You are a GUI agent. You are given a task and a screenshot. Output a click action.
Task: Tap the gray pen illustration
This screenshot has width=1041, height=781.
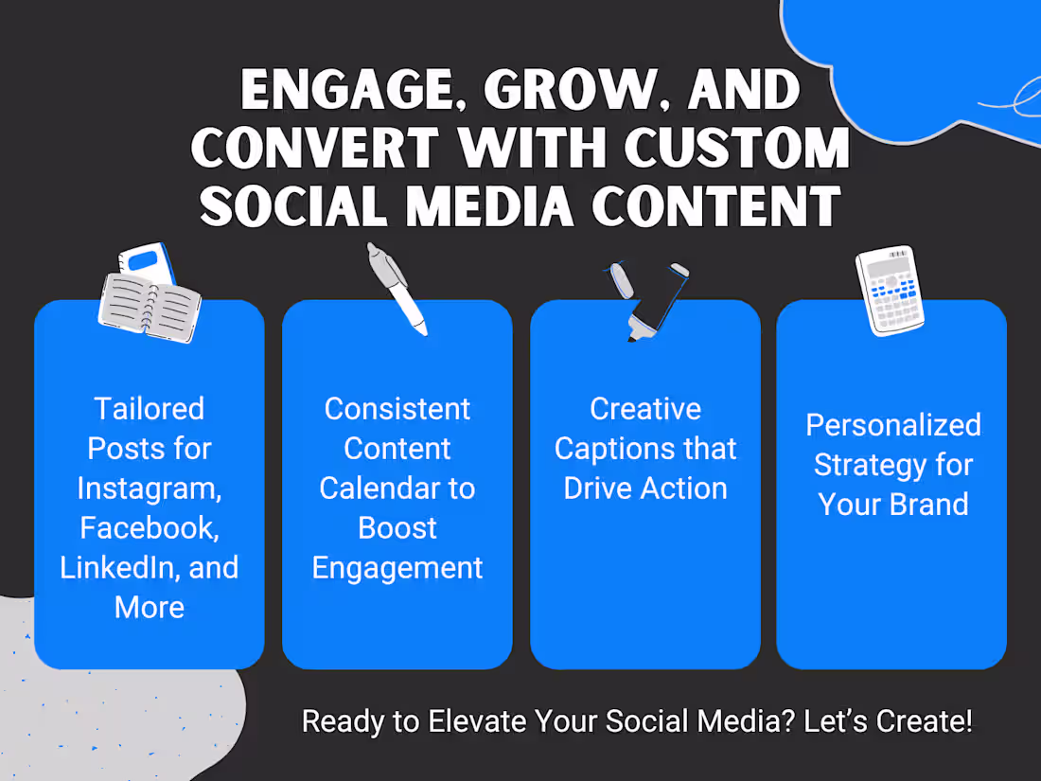[x=397, y=289]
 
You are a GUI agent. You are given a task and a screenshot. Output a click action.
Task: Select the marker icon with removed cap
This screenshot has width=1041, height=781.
[x=645, y=301]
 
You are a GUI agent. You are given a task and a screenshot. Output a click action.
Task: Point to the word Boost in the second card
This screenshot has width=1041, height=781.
[x=397, y=527]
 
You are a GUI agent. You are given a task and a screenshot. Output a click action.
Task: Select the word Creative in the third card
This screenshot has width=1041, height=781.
[x=645, y=409]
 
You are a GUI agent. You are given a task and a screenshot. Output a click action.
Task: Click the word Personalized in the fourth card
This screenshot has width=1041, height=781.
[x=892, y=425]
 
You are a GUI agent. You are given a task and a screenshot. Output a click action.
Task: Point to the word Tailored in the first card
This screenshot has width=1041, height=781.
[x=149, y=409]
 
